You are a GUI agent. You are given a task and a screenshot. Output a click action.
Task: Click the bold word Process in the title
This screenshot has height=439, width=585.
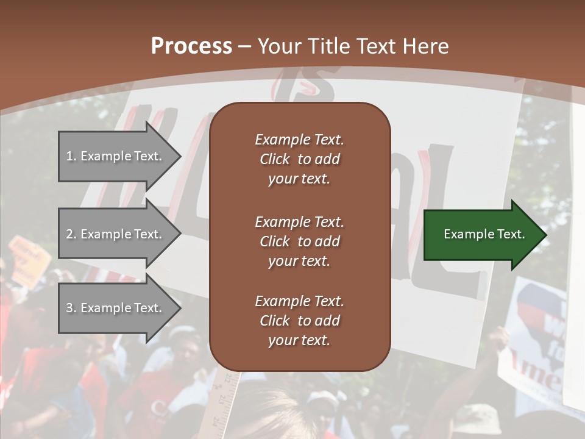(191, 46)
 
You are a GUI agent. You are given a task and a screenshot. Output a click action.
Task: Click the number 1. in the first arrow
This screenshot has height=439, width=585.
(71, 156)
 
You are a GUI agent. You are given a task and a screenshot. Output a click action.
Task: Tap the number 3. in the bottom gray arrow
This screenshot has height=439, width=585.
(71, 308)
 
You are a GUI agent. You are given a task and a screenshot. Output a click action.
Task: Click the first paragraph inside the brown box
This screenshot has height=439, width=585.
(299, 159)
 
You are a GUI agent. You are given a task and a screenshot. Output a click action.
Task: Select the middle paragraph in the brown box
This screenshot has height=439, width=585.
(299, 241)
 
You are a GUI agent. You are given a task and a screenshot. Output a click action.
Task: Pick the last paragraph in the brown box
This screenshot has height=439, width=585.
(299, 321)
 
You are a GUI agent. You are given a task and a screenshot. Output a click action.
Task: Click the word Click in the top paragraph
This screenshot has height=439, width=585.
(274, 159)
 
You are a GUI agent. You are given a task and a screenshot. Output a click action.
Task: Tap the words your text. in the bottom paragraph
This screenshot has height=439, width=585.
(299, 340)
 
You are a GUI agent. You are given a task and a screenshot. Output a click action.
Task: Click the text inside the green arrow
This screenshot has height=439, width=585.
(484, 234)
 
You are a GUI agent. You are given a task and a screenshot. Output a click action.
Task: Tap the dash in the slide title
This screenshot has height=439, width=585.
(244, 47)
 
